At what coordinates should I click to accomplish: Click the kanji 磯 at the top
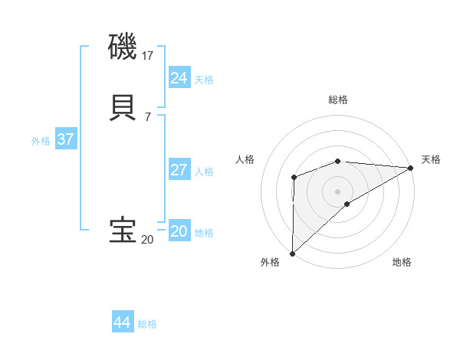coord(123,47)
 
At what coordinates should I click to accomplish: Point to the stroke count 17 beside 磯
coord(148,56)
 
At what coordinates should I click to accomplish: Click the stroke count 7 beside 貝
coord(147,116)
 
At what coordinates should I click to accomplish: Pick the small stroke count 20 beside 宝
coord(147,240)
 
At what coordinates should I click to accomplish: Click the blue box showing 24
coord(179,78)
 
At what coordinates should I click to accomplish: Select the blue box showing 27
coord(179,170)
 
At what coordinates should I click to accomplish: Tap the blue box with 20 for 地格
coord(179,231)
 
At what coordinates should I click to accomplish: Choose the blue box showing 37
coord(65,139)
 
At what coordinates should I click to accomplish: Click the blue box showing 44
coord(122,322)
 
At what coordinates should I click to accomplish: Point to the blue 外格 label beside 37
coord(41,141)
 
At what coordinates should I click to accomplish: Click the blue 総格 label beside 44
coord(147,324)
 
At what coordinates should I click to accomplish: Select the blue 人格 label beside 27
coord(204,172)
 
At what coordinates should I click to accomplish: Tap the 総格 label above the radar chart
coord(338,100)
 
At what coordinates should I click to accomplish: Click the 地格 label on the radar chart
coord(402,263)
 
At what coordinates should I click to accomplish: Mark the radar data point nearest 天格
coord(411,168)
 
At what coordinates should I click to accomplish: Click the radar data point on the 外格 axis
coord(292,254)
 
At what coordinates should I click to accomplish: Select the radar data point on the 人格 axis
coord(294,178)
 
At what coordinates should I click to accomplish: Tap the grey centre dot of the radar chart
coord(338,191)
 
